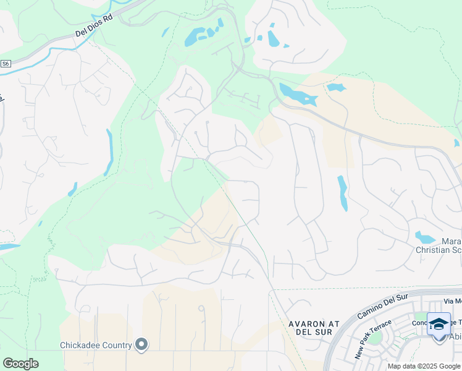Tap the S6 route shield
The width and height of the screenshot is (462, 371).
click(6, 63)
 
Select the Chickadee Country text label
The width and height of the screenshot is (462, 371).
click(96, 345)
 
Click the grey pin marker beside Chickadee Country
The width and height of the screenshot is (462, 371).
click(142, 344)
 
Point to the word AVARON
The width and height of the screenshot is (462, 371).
click(306, 323)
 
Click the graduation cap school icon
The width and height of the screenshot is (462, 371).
click(439, 323)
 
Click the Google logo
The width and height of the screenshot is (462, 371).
click(20, 364)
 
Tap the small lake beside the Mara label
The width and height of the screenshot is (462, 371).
click(425, 237)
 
